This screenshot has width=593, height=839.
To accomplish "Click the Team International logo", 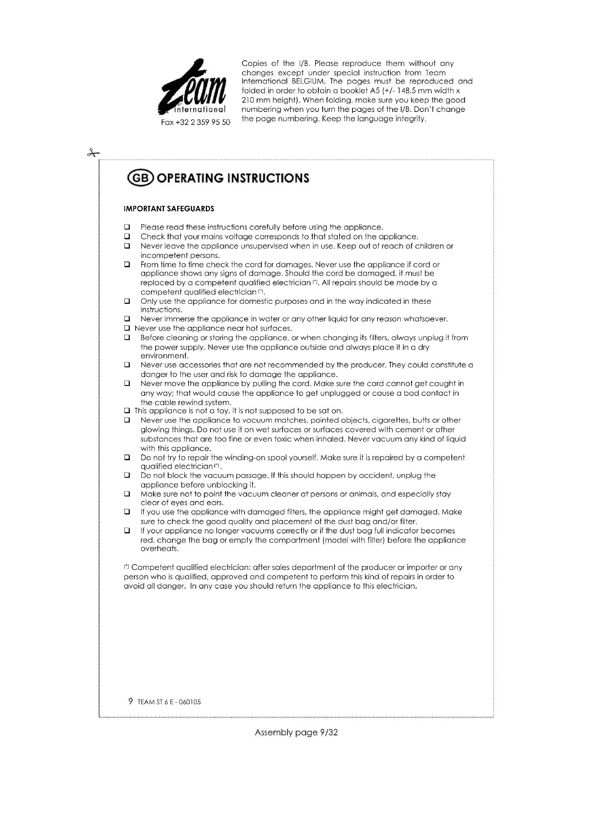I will (193, 88).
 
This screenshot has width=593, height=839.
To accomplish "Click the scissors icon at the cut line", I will (93, 153).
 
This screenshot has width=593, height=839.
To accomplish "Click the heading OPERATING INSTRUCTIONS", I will (233, 178).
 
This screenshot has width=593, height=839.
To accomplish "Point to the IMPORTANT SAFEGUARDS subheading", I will (169, 209).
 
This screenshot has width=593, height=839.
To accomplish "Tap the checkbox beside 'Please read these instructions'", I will (127, 227).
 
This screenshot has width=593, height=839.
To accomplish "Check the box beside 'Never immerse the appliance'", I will (127, 319).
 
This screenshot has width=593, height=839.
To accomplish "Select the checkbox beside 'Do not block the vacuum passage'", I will (127, 475).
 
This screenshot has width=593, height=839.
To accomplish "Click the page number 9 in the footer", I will (131, 701).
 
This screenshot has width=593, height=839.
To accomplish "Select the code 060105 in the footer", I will (190, 702).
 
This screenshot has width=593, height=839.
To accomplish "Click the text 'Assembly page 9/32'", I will (296, 732).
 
